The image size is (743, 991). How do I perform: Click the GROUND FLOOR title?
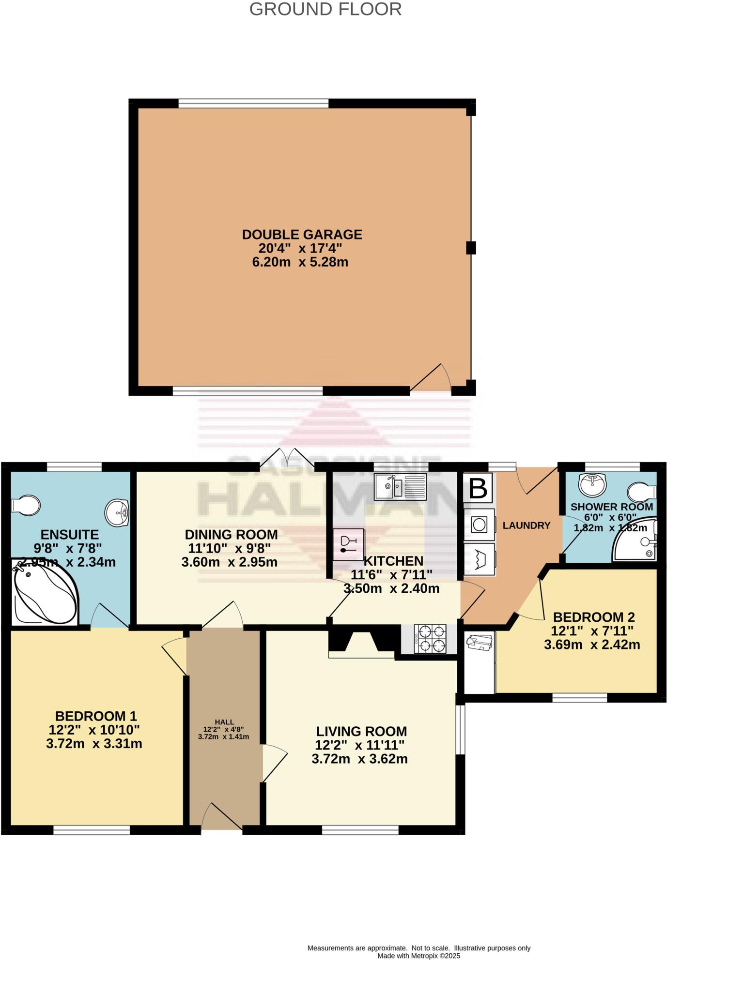[x=325, y=9]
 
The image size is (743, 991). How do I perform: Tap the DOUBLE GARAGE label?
[x=302, y=235]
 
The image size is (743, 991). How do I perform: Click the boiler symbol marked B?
[x=478, y=488]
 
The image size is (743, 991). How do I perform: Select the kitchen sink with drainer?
[x=400, y=487]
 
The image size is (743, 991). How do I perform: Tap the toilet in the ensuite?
[x=25, y=505]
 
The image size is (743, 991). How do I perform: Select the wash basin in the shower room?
[x=592, y=484]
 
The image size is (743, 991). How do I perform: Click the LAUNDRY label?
[x=526, y=526]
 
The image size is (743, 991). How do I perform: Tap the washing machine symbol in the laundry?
[x=479, y=525]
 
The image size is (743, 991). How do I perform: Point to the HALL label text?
[x=224, y=722]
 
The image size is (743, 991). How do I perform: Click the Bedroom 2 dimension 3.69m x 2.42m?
[x=592, y=645]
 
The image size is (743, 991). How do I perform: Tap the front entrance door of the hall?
[x=221, y=818]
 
